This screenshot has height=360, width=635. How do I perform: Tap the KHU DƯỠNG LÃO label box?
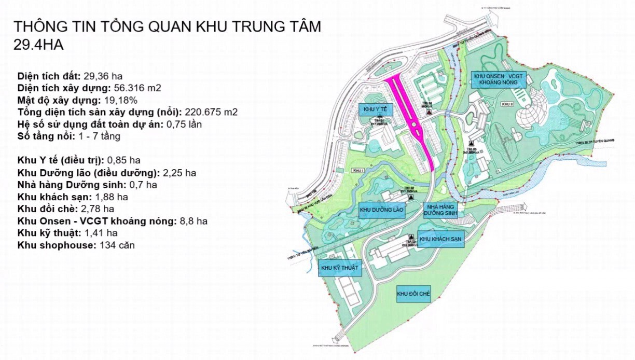coord(382,210)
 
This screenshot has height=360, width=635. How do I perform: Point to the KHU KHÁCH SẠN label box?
coord(440,239)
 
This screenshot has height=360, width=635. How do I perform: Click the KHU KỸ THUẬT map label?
coord(339,268)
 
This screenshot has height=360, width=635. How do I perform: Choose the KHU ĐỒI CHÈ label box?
coord(413,295)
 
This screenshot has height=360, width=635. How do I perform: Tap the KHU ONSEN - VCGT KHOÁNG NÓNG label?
coord(500,79)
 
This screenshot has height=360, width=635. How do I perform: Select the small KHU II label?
coord(507,104)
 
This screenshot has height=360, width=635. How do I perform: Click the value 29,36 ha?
coord(106,75)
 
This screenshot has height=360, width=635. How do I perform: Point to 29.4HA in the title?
coord(39,45)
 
